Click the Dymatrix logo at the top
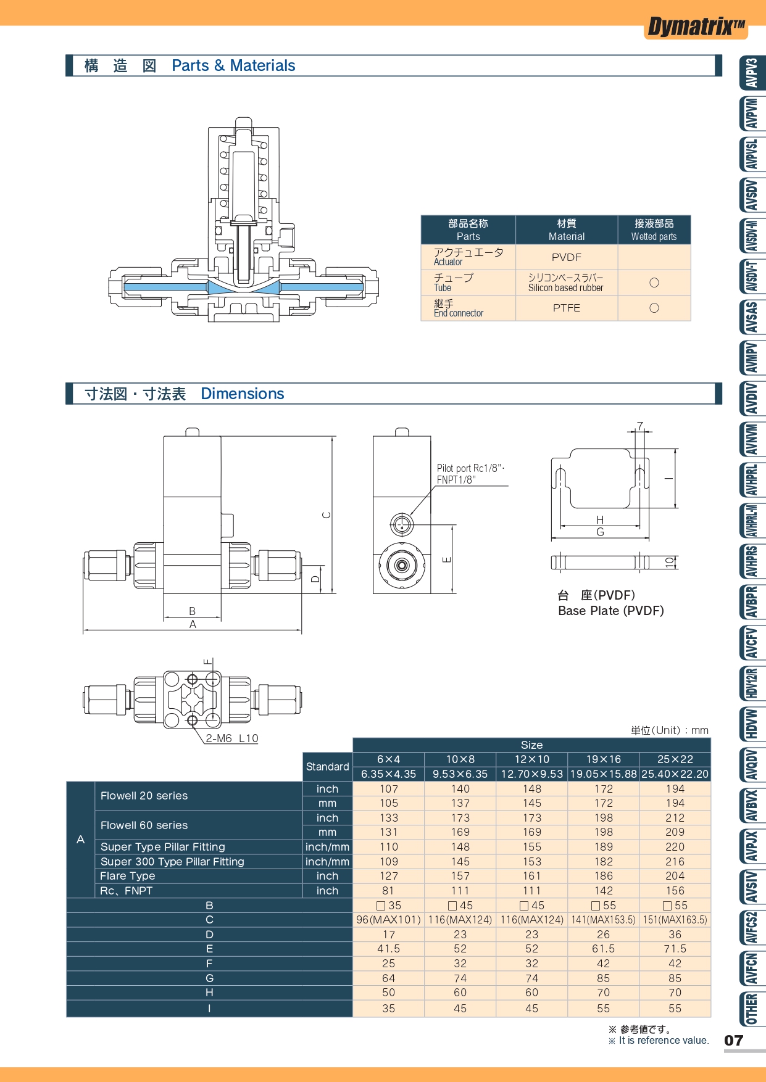(696, 27)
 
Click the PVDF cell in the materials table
(566, 257)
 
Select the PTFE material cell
(566, 308)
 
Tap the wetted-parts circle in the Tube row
(654, 283)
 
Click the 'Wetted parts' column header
(654, 236)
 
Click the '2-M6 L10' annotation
(231, 738)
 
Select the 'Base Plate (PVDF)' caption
(610, 611)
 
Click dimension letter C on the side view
(327, 515)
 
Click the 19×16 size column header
(603, 759)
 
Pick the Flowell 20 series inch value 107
(388, 789)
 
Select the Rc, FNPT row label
(127, 891)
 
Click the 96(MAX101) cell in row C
(388, 920)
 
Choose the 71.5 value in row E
(675, 949)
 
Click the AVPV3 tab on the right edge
(751, 73)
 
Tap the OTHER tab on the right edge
(751, 1009)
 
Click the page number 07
(733, 1041)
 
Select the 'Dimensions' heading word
(243, 394)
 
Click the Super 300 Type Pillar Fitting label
(172, 862)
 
